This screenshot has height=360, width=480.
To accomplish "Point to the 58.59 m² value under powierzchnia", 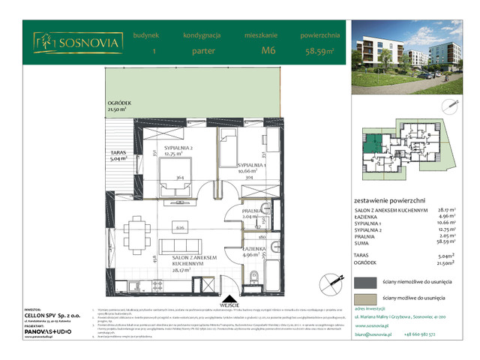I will (320, 51).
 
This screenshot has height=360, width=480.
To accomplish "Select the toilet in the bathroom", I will (255, 274).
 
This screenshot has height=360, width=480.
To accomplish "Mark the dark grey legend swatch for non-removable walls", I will (364, 282).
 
